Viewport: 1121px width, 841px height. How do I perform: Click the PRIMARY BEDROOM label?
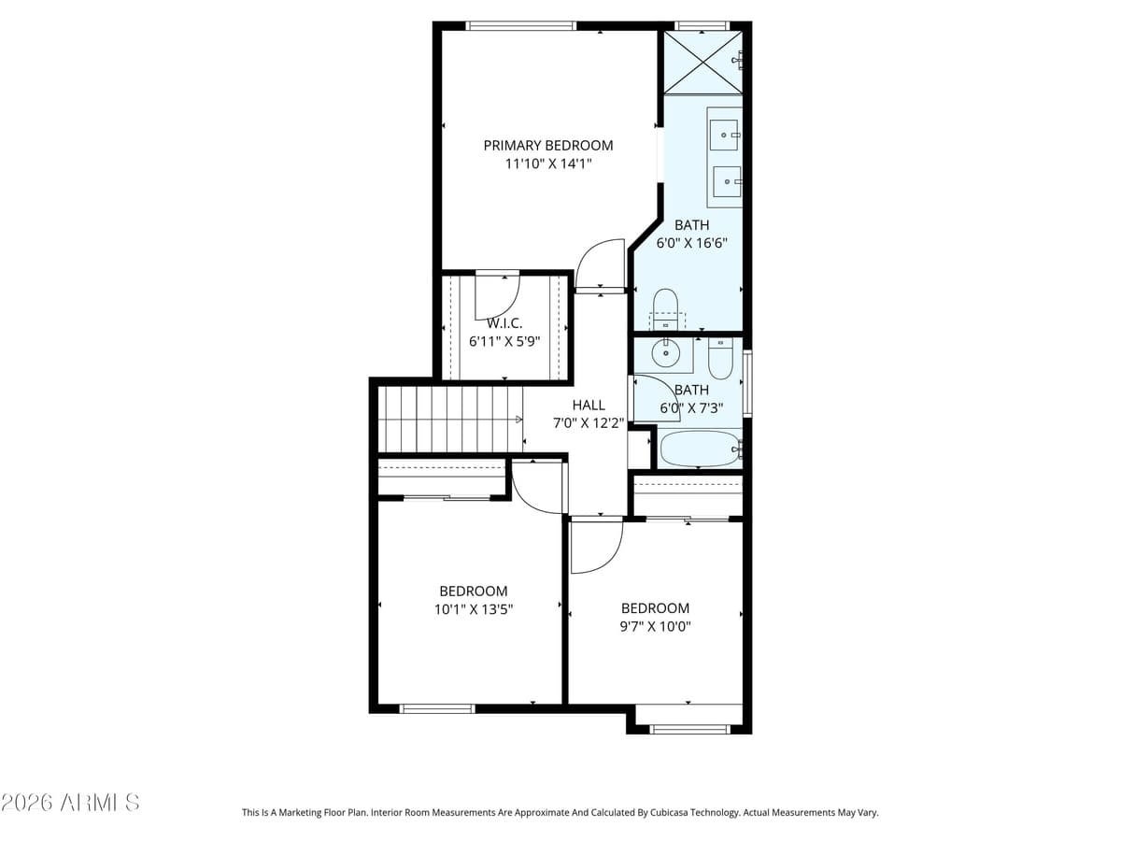pos(548,145)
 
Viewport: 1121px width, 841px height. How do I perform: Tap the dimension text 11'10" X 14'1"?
pos(548,164)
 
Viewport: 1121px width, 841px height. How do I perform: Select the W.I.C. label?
pos(504,323)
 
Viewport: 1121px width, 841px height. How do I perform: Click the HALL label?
pos(589,405)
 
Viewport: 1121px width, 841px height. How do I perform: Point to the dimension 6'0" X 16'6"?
pos(691,243)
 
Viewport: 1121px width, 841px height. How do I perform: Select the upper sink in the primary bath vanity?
pos(723,135)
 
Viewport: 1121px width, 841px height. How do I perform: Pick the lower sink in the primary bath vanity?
pos(727,180)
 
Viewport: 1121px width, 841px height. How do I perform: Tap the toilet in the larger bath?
pos(665,306)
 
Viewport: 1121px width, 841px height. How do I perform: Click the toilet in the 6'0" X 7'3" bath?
pos(720,359)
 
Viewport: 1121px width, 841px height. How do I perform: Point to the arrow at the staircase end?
pos(518,420)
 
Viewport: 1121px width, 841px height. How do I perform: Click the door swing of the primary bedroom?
pos(598,265)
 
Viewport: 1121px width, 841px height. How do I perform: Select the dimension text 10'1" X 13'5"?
pos(474,609)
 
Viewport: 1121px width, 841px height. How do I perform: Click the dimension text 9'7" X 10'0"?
pos(655,627)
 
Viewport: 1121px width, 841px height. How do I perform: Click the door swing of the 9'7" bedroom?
pos(594,548)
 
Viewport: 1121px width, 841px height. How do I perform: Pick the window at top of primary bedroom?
pos(520,26)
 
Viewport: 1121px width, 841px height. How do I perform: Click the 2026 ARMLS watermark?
pos(70,802)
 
